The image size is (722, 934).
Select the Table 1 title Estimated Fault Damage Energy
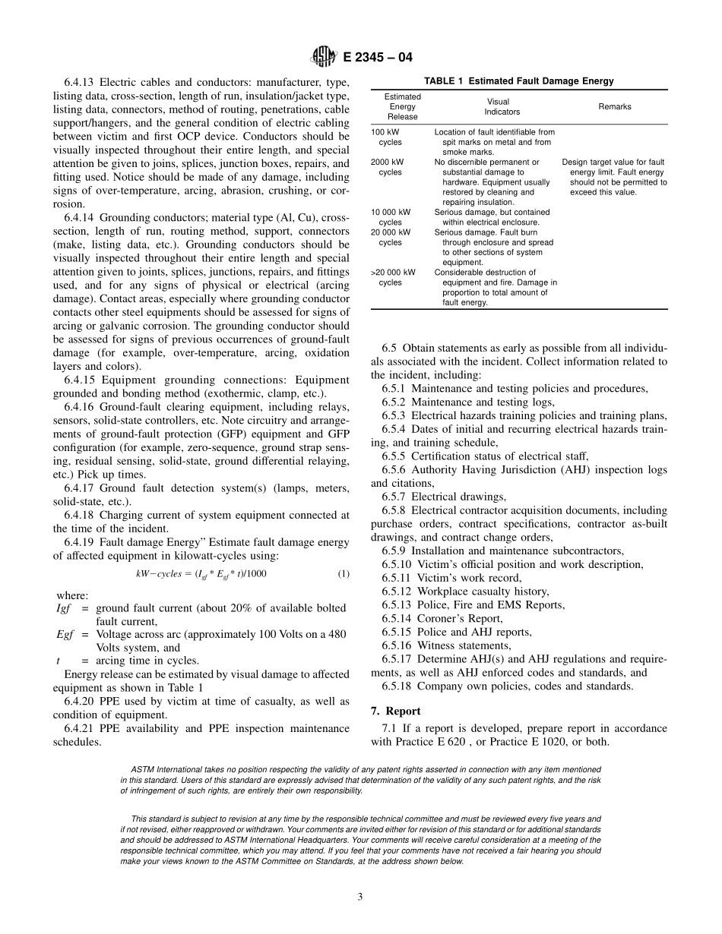[x=518, y=81]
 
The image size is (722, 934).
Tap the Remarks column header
[x=614, y=107]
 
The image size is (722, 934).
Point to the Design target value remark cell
[x=614, y=177]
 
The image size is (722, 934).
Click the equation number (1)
[x=344, y=574]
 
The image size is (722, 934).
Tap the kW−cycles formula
[x=201, y=574]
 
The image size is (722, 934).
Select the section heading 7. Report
[x=401, y=712]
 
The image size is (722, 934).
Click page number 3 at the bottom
[x=360, y=897]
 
